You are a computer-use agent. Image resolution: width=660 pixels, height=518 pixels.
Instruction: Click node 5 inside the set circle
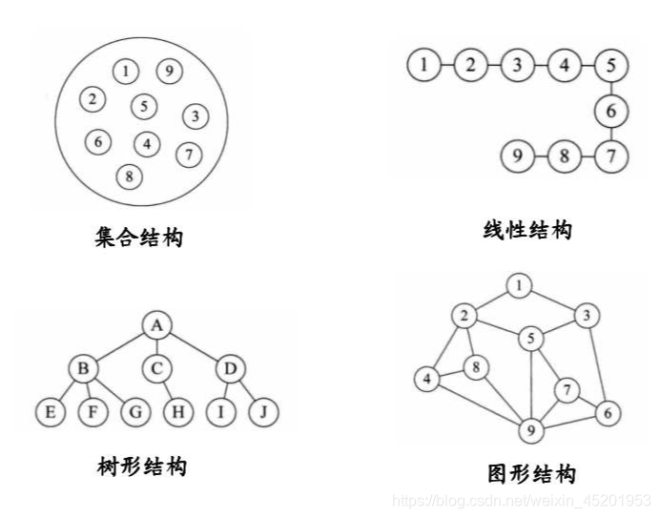[144, 106]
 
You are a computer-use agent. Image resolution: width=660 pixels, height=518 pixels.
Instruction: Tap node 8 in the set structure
[129, 176]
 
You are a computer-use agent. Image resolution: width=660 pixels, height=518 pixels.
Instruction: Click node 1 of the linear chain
[423, 66]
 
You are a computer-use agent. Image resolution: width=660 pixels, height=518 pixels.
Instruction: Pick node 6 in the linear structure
[611, 112]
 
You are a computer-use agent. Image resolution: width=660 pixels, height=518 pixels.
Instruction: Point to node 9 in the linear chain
[517, 155]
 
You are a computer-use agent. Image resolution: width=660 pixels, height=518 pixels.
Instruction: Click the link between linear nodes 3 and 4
[541, 66]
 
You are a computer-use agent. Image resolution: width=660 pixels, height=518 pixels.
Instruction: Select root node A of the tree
[156, 325]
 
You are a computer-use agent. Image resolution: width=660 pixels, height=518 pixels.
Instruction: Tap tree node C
[156, 367]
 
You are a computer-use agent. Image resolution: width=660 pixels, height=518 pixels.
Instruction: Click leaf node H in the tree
[177, 412]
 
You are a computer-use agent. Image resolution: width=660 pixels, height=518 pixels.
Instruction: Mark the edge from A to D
[195, 346]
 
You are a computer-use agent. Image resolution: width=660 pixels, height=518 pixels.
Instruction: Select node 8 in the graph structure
[476, 364]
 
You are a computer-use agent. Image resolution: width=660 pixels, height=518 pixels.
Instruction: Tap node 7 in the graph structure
[568, 389]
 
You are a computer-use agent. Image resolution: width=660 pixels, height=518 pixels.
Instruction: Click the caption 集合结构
[139, 236]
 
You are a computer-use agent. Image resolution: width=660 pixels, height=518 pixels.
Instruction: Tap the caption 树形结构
[142, 466]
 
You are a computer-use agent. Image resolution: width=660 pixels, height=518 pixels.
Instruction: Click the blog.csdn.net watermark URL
[522, 501]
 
